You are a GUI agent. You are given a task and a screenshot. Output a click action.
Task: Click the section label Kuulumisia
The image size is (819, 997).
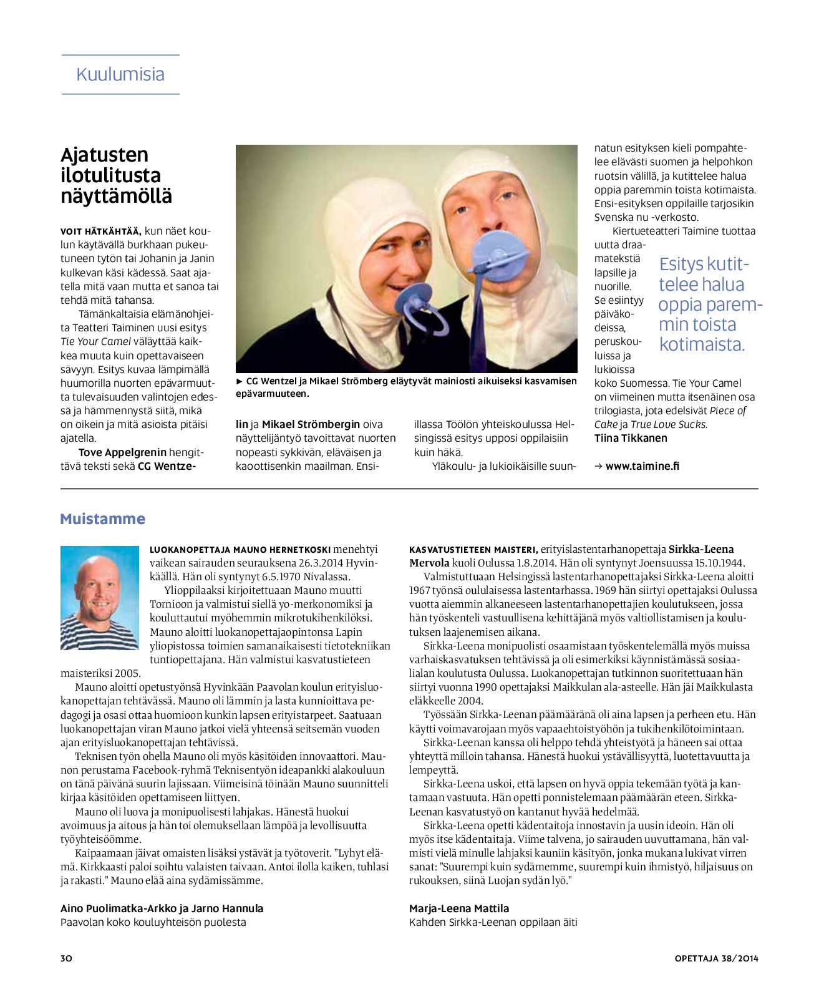coord(120,74)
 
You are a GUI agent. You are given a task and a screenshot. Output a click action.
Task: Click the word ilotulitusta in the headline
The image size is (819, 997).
coord(110,175)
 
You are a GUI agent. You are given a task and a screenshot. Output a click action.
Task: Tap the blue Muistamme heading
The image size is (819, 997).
coord(102,519)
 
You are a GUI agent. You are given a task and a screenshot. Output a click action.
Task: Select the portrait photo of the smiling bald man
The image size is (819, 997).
coord(100,598)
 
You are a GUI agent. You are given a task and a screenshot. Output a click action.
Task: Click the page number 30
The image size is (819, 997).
coord(66,958)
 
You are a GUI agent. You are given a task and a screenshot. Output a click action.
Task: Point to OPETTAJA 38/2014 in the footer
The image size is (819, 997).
coord(716,958)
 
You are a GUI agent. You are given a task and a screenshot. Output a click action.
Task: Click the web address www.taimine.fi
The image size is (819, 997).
coord(642,466)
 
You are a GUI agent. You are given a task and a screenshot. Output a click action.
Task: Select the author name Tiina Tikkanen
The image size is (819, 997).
coord(631,438)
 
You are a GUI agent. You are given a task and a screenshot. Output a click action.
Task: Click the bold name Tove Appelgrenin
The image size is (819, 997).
coord(122,452)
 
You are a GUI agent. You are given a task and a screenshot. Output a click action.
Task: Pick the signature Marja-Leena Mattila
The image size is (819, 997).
coord(459,908)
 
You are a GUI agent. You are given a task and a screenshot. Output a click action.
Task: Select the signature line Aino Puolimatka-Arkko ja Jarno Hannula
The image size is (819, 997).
coord(162,908)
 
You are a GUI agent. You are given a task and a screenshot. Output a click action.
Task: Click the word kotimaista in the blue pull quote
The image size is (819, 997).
coord(702,344)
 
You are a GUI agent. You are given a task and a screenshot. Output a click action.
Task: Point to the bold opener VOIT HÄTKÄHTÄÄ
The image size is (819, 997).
coord(101,231)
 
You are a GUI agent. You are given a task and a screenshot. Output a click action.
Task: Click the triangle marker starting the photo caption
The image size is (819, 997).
coord(240,381)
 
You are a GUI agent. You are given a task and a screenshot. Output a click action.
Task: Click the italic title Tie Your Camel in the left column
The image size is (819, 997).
coord(95,341)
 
